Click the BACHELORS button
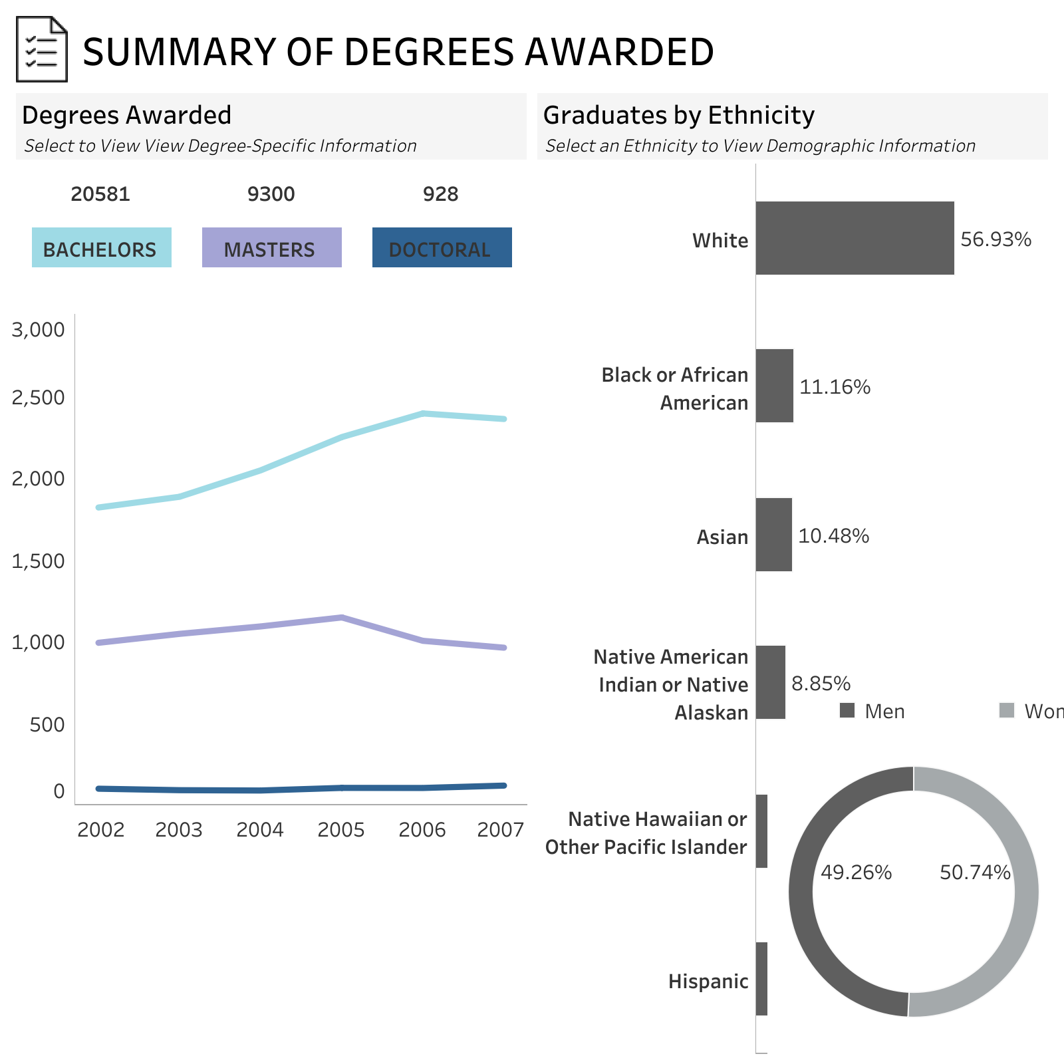coord(101,247)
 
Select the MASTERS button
coord(271,247)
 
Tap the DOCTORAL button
coord(442,247)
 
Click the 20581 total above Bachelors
coord(100,194)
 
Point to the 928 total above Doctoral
coord(440,194)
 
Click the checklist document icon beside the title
coord(41,50)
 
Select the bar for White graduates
coord(855,238)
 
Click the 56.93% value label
coord(996,239)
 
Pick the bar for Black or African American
coord(774,386)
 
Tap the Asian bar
coord(773,535)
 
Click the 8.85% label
coord(821,684)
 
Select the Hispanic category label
coord(708,982)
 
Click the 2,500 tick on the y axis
coord(38,398)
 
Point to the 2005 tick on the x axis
coord(341,830)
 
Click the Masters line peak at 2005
coord(341,617)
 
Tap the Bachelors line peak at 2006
coord(423,414)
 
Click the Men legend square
coord(847,710)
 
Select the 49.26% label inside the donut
coord(856,872)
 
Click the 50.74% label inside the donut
coord(974,872)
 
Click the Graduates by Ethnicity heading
coord(678,115)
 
